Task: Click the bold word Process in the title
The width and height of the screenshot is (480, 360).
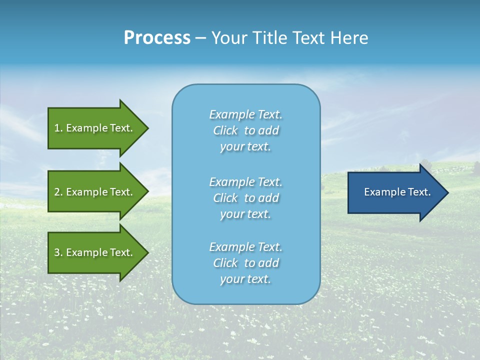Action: click(x=157, y=38)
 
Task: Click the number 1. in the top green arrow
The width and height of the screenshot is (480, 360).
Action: click(x=58, y=128)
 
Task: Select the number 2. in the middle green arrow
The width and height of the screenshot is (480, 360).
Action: click(x=58, y=192)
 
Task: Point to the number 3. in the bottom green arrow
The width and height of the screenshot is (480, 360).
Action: click(x=58, y=252)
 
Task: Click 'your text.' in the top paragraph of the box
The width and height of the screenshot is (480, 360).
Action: click(x=245, y=147)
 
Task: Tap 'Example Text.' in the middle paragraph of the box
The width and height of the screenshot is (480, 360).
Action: click(x=245, y=182)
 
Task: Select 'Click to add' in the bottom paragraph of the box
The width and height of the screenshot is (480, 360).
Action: click(x=245, y=263)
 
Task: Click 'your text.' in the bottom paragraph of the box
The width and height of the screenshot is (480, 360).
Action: click(x=245, y=279)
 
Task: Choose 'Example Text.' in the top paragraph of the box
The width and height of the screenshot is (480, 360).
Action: click(x=245, y=115)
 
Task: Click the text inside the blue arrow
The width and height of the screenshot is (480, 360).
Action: click(x=397, y=192)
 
